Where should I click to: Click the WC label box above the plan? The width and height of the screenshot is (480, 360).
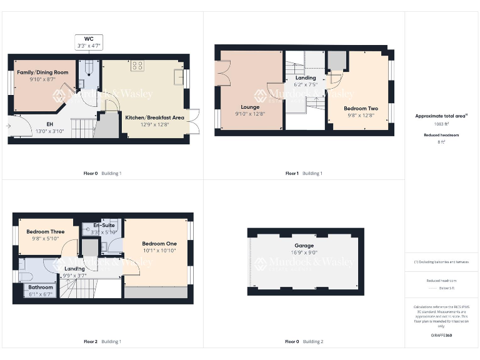(88, 42)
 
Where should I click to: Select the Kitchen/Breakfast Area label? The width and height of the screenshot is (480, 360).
(154, 117)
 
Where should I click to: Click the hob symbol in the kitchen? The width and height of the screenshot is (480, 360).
(137, 64)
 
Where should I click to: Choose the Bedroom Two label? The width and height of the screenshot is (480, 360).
(361, 108)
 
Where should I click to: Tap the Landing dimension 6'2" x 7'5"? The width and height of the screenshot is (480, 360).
(306, 84)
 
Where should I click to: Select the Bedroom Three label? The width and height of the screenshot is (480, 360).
(45, 231)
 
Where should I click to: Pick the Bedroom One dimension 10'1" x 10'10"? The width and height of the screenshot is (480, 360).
(159, 250)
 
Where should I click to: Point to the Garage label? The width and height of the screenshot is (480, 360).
(304, 246)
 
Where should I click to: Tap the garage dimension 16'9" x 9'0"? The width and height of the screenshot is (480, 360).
(304, 252)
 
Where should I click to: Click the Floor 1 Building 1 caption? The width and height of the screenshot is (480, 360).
(304, 173)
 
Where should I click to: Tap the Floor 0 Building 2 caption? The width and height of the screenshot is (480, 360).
(304, 342)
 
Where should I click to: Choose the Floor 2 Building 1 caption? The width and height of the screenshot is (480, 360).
(102, 342)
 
